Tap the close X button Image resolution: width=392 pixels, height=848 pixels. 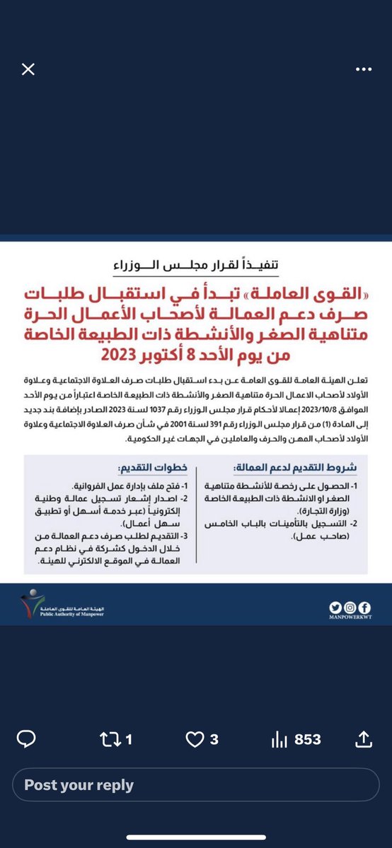[28, 69]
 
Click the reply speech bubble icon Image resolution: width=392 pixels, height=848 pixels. [27, 740]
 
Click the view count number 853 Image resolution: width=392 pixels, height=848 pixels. [308, 740]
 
